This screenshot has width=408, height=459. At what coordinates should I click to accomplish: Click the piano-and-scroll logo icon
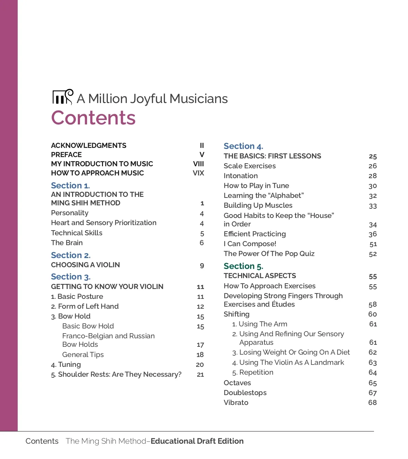[x=63, y=97]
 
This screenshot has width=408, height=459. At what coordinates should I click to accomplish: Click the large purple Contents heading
[x=93, y=118]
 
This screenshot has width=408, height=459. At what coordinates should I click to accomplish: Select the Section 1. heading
[x=70, y=185]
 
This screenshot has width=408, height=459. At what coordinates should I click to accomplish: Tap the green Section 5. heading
[x=243, y=266]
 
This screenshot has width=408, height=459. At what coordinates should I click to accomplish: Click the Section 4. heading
[x=243, y=146]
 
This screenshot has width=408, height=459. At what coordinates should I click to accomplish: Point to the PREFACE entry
[x=66, y=155]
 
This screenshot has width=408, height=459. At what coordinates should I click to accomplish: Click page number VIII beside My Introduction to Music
[x=199, y=164]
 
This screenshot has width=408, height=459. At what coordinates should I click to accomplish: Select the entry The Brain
[x=67, y=243]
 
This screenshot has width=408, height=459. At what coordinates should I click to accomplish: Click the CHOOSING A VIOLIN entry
[x=85, y=265]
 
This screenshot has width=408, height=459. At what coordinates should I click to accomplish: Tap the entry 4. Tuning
[x=66, y=364]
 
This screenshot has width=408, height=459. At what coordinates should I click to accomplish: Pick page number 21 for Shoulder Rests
[x=200, y=375]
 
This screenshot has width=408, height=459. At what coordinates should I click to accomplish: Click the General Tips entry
[x=83, y=355]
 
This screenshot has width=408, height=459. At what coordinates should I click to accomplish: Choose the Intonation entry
[x=241, y=176]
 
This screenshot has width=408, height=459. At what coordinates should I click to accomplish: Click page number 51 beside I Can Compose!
[x=373, y=244]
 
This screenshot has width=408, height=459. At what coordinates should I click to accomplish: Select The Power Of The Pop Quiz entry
[x=269, y=254]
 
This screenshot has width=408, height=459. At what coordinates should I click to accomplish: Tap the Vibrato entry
[x=236, y=403]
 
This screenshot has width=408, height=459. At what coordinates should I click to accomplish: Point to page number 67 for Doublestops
[x=373, y=393]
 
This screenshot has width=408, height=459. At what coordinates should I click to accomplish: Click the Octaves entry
[x=237, y=383]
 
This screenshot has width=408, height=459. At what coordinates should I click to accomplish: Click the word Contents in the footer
[x=42, y=441]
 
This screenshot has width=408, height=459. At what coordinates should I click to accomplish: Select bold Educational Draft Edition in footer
[x=197, y=441]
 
